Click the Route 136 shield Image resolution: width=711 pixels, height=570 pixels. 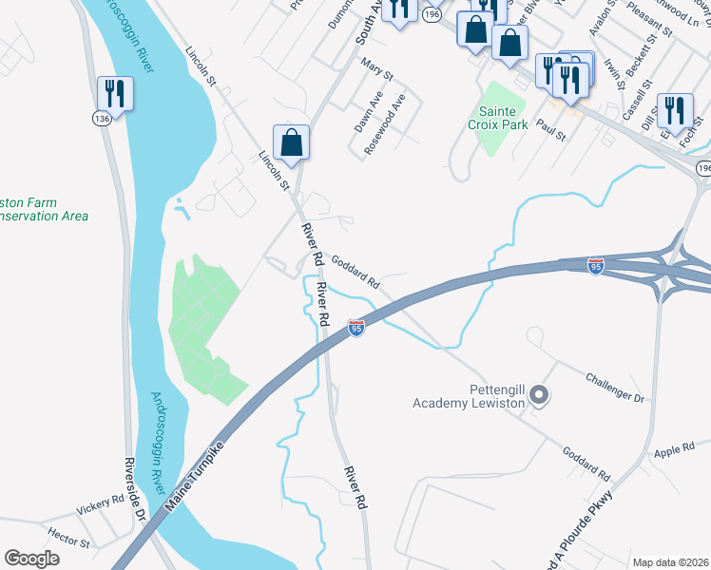[x=101, y=118]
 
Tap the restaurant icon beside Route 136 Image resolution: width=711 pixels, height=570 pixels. [x=114, y=93]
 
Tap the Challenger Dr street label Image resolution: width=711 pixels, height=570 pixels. [x=615, y=387]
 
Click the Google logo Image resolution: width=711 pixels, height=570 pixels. [x=31, y=559]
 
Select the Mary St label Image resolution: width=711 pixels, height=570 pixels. [x=377, y=68]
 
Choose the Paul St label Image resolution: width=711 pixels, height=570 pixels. [x=551, y=129]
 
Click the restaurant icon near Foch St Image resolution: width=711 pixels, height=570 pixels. [x=675, y=109]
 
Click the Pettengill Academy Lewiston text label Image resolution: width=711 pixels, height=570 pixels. [x=469, y=396]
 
